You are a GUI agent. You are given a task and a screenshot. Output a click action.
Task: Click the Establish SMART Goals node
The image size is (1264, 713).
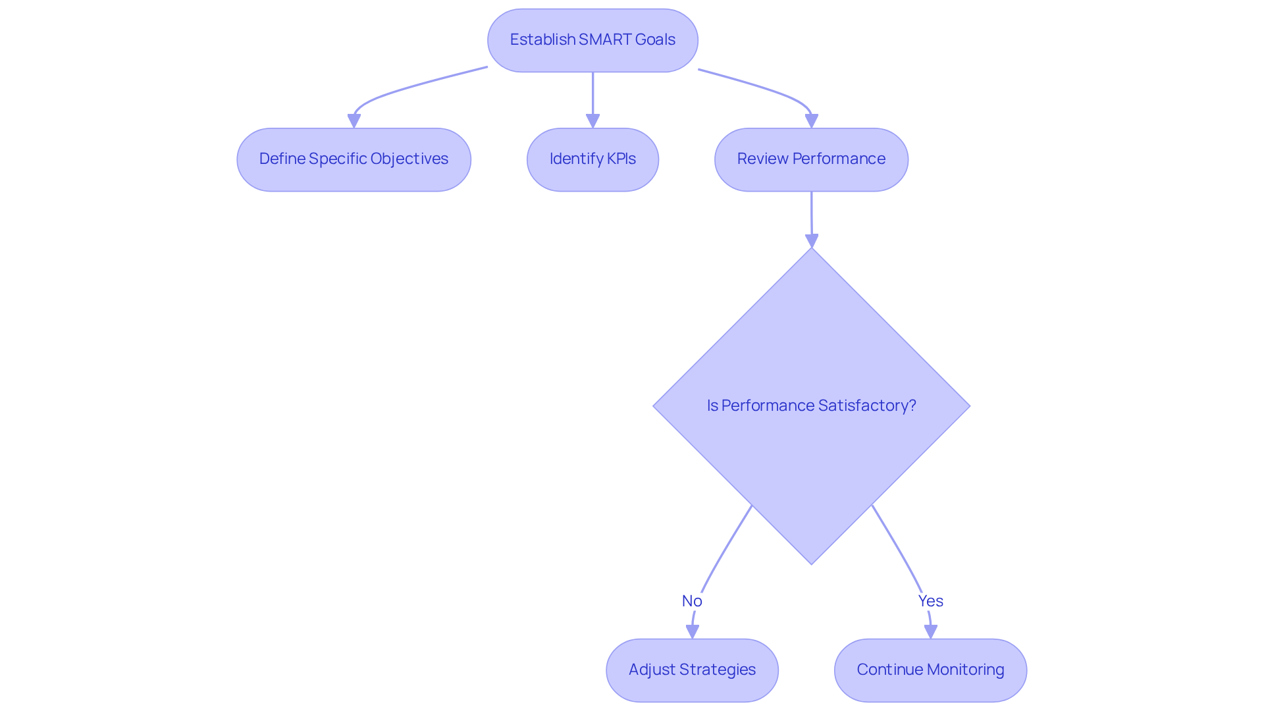pyautogui.click(x=592, y=40)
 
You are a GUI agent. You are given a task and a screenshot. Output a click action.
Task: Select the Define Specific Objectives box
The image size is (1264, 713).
pyautogui.click(x=354, y=159)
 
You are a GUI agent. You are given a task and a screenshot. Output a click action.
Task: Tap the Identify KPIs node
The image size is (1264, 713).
pyautogui.click(x=592, y=159)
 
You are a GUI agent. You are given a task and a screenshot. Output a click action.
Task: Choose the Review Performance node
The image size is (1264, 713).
pyautogui.click(x=811, y=159)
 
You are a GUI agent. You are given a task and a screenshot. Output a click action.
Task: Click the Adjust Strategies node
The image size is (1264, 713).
pyautogui.click(x=692, y=670)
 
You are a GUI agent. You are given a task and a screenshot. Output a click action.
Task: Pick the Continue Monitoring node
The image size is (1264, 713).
pyautogui.click(x=930, y=670)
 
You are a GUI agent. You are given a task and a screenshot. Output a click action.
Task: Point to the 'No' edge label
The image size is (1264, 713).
pyautogui.click(x=692, y=600)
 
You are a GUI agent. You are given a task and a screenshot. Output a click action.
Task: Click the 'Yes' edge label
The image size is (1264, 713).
pyautogui.click(x=930, y=600)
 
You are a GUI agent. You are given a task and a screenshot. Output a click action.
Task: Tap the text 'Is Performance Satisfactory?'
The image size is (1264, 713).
pyautogui.click(x=811, y=406)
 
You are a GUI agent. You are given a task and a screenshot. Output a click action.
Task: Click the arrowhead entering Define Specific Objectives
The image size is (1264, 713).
pyautogui.click(x=354, y=121)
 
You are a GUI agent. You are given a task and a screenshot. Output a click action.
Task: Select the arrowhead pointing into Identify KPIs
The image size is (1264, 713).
pyautogui.click(x=592, y=121)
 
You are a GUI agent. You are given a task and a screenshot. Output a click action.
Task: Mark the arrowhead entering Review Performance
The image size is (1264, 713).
pyautogui.click(x=811, y=121)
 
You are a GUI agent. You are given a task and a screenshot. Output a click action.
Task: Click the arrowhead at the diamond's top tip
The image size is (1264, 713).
pyautogui.click(x=812, y=241)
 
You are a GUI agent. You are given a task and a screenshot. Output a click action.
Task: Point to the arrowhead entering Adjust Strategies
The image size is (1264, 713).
pyautogui.click(x=692, y=632)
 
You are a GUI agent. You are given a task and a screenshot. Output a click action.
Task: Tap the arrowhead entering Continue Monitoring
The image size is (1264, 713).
pyautogui.click(x=930, y=632)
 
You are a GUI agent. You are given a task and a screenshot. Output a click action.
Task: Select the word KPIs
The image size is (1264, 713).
pyautogui.click(x=621, y=159)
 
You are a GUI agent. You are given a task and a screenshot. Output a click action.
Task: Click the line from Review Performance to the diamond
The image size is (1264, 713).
pyautogui.click(x=811, y=214)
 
